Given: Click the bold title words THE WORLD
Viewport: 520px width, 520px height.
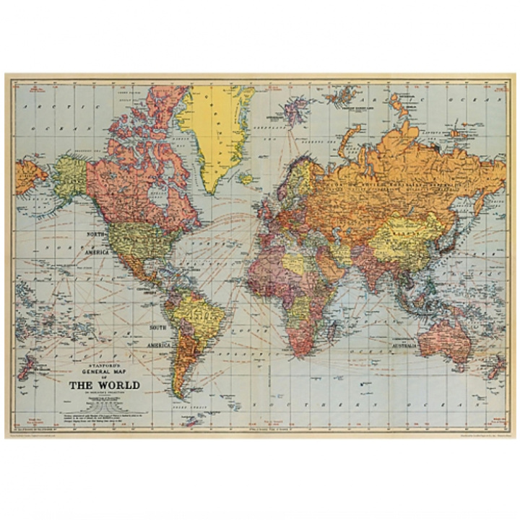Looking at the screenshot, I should pyautogui.click(x=104, y=384).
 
